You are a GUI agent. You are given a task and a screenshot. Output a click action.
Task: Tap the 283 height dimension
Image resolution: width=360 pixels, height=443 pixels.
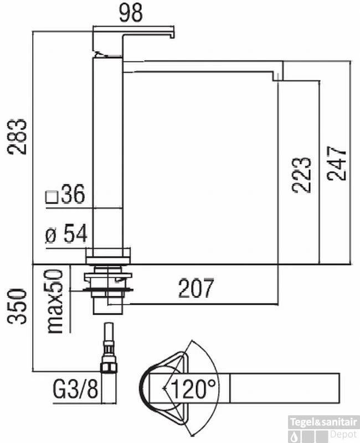tap(17, 137)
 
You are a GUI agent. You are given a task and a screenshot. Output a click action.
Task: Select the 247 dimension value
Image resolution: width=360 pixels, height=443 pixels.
tap(336, 163)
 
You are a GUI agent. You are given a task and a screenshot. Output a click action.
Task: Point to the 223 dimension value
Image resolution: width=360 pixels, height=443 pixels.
tap(302, 175)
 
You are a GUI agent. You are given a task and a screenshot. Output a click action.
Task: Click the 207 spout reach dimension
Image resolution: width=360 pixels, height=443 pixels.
tap(196, 288)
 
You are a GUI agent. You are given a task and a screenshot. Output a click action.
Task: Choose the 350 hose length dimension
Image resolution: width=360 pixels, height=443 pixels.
tap(17, 306)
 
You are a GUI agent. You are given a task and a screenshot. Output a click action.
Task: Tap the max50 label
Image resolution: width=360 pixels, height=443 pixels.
tap(54, 301)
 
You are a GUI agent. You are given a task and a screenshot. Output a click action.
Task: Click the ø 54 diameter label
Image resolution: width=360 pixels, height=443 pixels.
tap(66, 234)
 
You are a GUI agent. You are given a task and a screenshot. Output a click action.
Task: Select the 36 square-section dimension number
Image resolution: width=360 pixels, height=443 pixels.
tap(73, 194)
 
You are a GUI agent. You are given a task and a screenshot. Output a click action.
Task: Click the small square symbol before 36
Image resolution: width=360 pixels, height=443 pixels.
tap(52, 197)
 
